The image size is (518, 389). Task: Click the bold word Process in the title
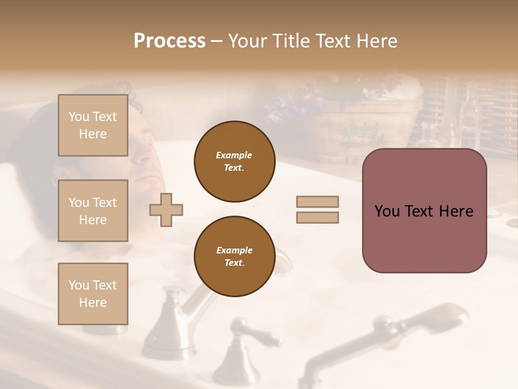169,41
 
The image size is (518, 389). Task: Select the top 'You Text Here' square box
93,125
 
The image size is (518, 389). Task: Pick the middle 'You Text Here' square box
93,211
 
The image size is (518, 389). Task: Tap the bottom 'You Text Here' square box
93,294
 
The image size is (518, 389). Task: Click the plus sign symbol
166,209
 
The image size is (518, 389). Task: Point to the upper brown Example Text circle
234,162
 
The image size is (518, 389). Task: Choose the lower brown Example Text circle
234,257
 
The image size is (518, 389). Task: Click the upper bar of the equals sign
317,202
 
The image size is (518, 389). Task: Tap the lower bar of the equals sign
317,218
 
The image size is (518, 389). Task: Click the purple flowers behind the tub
291,103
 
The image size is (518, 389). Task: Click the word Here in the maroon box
456,211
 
